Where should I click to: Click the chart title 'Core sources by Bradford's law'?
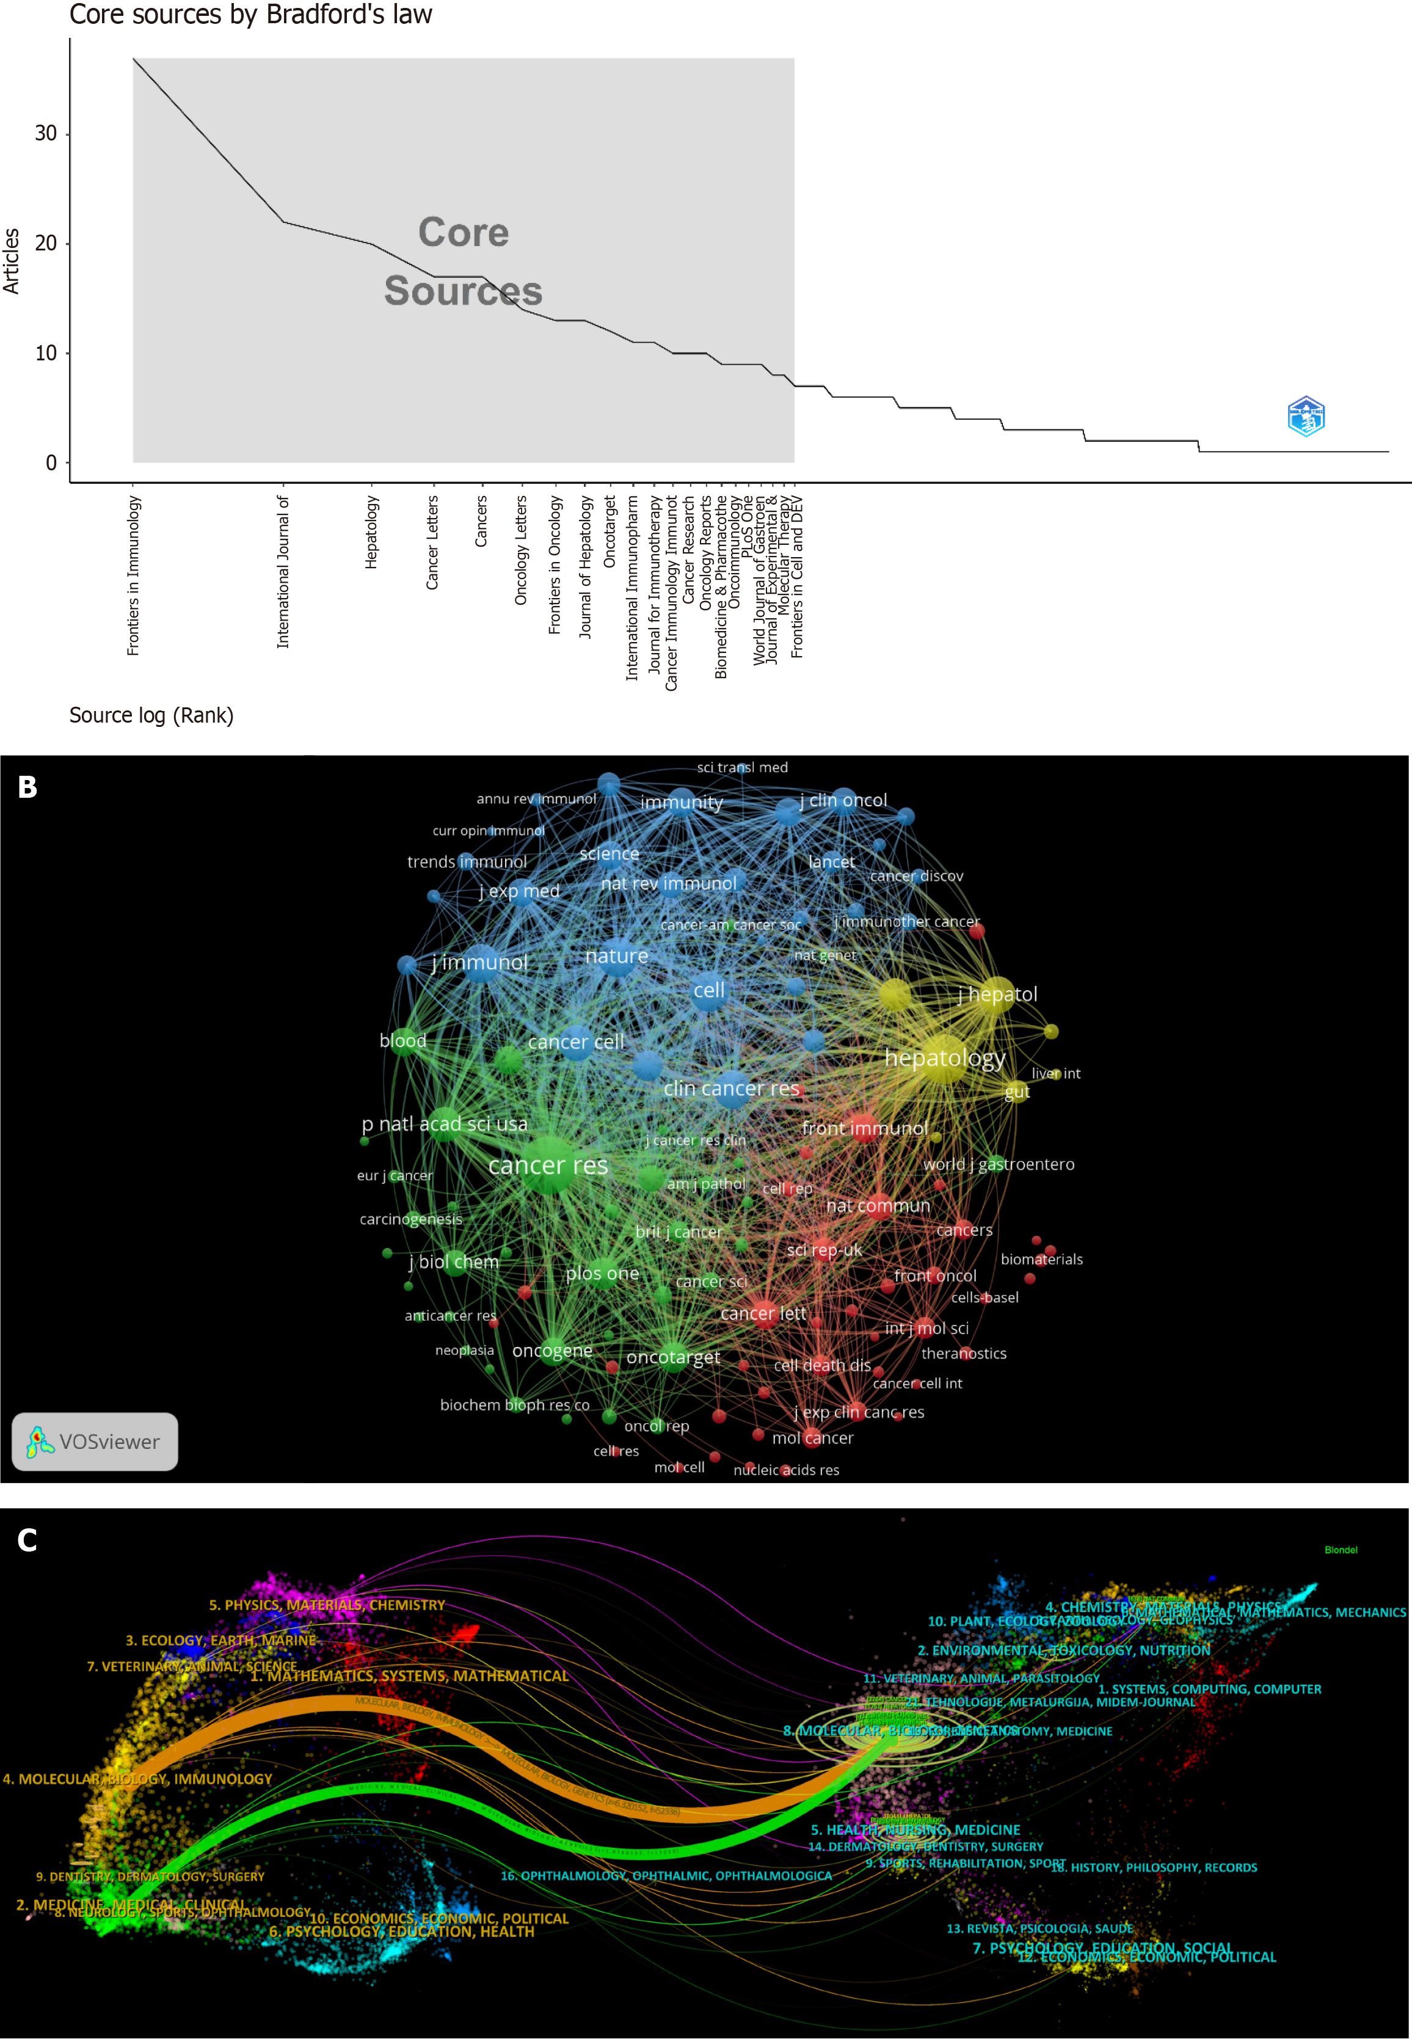click(250, 15)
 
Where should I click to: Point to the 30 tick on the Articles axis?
click(45, 134)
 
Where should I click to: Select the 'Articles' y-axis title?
click(12, 261)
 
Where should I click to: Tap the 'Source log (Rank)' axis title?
click(151, 715)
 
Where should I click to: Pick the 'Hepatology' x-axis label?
click(371, 532)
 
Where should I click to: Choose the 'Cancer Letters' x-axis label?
click(432, 542)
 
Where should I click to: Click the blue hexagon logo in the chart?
click(1306, 416)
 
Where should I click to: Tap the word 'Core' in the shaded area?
click(464, 233)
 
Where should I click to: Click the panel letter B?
click(27, 787)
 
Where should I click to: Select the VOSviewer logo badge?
click(95, 1442)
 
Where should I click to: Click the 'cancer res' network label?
click(548, 1165)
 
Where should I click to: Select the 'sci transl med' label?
click(741, 767)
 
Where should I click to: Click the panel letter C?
click(27, 1541)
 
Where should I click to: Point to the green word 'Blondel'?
click(1341, 1550)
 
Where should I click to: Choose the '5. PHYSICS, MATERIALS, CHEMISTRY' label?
click(327, 1605)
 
